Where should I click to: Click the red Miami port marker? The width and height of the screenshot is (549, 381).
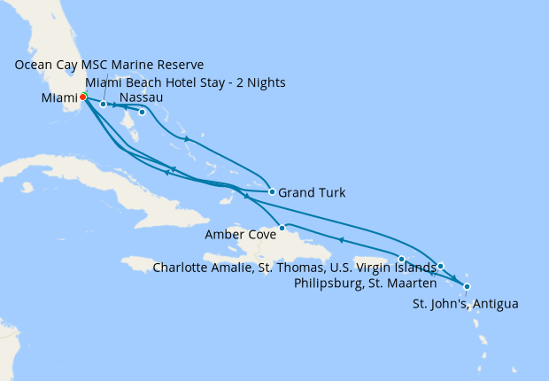point(82,97)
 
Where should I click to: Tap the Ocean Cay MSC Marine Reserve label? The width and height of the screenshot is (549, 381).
point(109,66)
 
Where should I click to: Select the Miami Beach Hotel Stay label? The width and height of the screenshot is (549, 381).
point(185,82)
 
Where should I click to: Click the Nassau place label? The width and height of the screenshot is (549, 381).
point(140,97)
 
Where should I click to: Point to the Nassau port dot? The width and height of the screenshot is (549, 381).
point(142,112)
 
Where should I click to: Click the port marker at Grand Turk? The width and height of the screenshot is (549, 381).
point(272,191)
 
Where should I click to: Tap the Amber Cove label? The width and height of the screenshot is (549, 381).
point(238,234)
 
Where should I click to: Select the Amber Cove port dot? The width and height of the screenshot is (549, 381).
point(282,229)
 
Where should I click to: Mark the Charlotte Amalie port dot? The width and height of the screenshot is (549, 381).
point(402,259)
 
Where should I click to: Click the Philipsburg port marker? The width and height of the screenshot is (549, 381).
point(440,266)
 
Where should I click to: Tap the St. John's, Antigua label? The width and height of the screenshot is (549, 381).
point(466,304)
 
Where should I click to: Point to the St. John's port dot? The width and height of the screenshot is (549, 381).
point(467,286)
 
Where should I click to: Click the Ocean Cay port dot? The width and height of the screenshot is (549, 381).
point(104,105)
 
